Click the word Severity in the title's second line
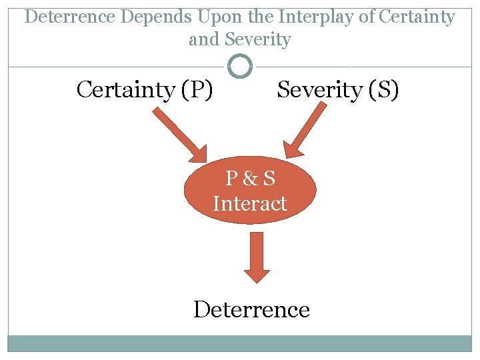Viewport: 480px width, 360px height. [x=258, y=39]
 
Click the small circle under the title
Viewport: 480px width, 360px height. [x=240, y=66]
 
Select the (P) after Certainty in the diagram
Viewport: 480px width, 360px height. [x=196, y=89]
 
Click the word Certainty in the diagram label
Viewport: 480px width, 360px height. [x=127, y=89]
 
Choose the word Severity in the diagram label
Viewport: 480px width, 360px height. [x=317, y=89]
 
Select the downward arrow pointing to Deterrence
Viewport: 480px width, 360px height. [x=257, y=257]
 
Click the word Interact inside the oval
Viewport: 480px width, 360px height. [x=250, y=203]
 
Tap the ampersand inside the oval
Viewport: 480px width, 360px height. [x=250, y=179]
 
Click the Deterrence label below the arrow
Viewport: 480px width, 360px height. [x=251, y=309]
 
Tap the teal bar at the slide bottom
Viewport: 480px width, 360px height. [x=240, y=343]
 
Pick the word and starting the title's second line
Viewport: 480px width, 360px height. [x=204, y=39]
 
